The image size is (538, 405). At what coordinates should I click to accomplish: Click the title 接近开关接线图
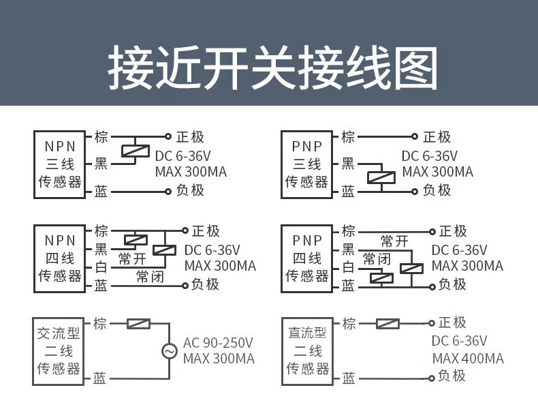[x=272, y=68]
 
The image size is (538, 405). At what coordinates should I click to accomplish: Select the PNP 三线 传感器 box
[x=306, y=164]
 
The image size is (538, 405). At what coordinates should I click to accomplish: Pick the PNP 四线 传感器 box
[x=306, y=258]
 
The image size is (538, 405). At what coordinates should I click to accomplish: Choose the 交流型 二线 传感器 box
[x=59, y=350]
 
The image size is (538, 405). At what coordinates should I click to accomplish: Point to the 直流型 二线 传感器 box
[x=306, y=350]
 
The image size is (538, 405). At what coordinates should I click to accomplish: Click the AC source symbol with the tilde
[x=169, y=351]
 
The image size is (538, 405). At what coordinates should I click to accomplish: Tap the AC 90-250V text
[x=218, y=342]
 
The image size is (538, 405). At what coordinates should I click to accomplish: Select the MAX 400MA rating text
[x=468, y=359]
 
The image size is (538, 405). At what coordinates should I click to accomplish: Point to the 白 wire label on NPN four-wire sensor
[x=101, y=268]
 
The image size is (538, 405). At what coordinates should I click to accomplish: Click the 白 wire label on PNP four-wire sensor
[x=348, y=268]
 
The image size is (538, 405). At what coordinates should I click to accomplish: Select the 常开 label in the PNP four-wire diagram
[x=395, y=241]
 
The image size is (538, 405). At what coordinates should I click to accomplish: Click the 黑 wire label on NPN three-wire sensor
[x=101, y=164]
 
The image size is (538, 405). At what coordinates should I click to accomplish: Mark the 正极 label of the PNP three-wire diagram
[x=437, y=137]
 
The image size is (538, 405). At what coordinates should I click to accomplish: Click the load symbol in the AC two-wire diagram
[x=139, y=324]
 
